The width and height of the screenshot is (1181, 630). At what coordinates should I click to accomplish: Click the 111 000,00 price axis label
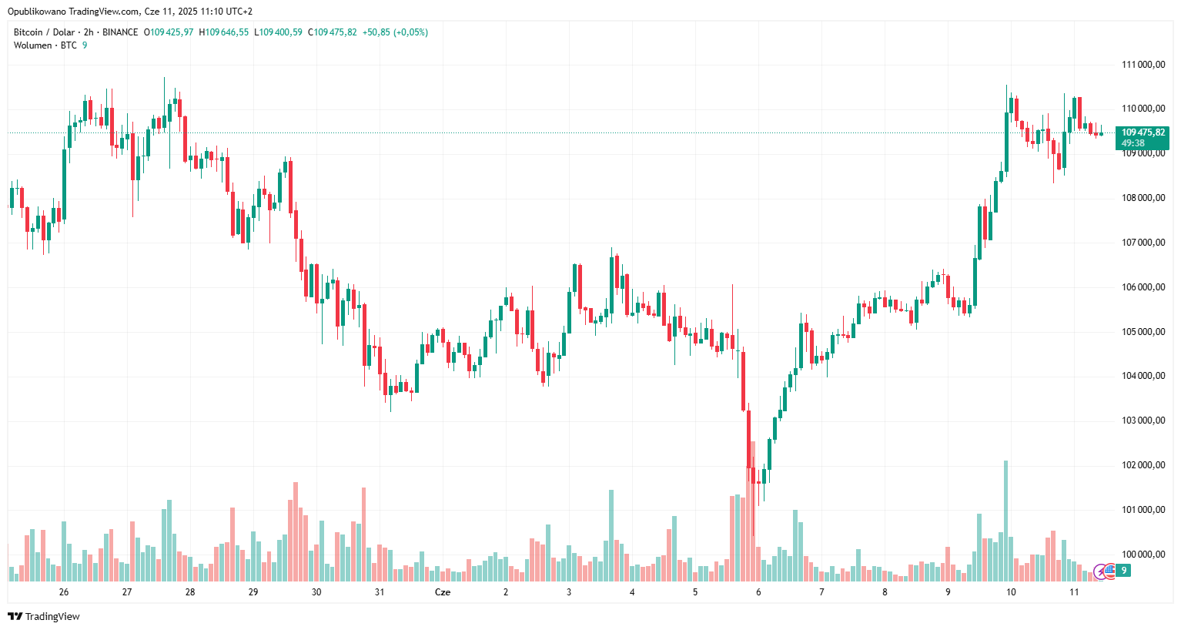click(1143, 65)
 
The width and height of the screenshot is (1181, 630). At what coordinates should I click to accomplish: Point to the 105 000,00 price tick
click(1143, 332)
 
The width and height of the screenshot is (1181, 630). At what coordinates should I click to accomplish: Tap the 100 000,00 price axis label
click(1143, 555)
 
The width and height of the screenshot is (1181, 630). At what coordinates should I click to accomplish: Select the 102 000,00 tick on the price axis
click(1143, 465)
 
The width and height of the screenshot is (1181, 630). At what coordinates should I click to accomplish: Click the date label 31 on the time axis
click(380, 592)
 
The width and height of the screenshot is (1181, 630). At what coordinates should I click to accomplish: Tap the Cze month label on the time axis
click(443, 592)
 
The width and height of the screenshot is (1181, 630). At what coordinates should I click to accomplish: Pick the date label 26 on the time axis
click(64, 592)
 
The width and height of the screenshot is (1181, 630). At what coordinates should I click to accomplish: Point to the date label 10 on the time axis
click(1011, 592)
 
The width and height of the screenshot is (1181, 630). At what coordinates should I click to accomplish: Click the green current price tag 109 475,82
click(1143, 137)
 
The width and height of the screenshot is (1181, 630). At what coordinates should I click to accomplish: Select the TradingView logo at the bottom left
click(44, 616)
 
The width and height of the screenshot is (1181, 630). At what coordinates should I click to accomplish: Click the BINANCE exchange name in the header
click(120, 32)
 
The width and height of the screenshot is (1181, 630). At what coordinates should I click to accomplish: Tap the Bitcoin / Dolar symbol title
click(44, 32)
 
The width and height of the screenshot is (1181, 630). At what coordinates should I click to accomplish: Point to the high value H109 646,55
click(224, 32)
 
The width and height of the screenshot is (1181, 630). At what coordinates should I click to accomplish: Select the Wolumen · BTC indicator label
click(45, 45)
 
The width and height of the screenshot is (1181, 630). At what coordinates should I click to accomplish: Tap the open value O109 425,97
click(169, 32)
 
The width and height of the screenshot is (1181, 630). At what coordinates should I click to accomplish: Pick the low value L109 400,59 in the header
click(280, 32)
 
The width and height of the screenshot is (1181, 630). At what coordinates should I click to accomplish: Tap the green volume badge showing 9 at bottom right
click(1124, 571)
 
